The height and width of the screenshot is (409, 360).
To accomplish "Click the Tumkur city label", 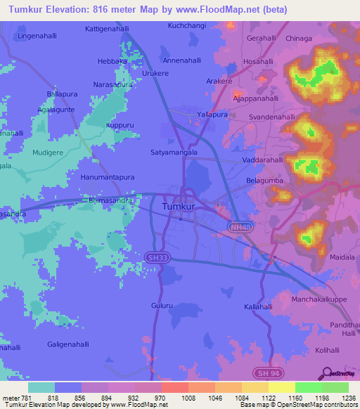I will (180, 207).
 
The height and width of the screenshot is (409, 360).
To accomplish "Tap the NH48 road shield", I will (239, 226).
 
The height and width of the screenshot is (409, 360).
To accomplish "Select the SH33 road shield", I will (157, 258).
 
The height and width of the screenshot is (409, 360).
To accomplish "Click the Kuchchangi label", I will (186, 25).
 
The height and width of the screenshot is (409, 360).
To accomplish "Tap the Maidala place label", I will (341, 258).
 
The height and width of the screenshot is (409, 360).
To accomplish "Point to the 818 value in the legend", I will (53, 398).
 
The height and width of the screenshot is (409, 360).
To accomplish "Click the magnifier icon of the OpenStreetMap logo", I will (327, 373).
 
